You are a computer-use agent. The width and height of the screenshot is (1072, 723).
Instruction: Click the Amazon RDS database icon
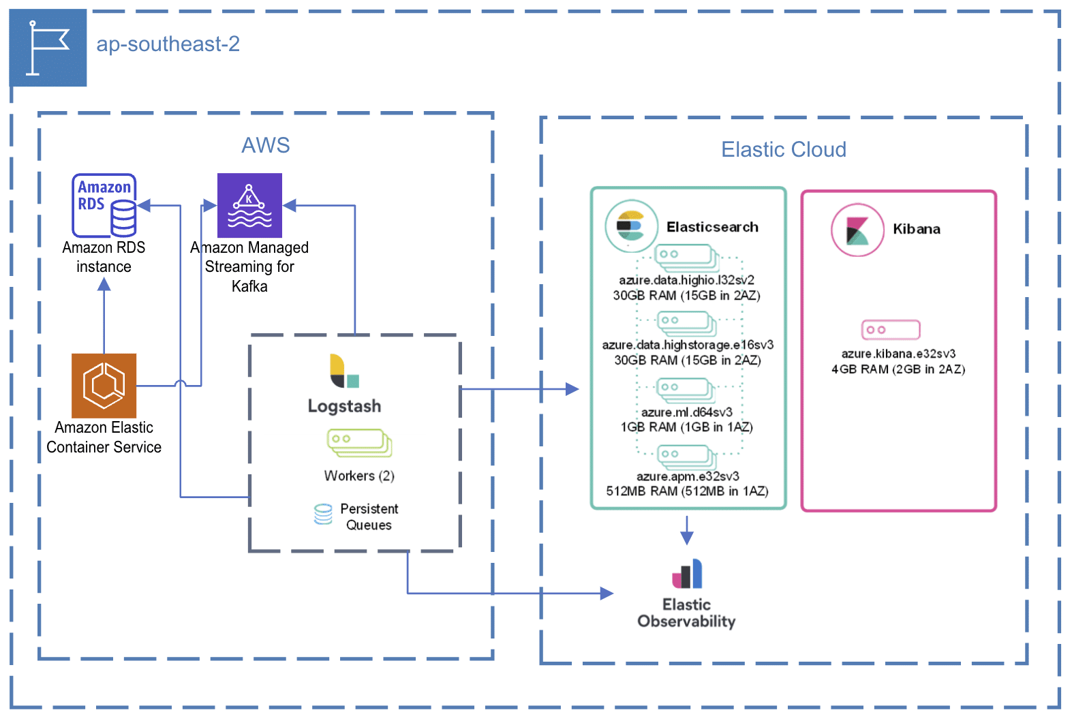coord(104,204)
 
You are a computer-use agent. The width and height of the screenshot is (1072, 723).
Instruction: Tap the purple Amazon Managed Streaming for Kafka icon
coord(249,205)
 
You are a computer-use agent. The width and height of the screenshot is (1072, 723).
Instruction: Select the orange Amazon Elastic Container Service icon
coord(104,386)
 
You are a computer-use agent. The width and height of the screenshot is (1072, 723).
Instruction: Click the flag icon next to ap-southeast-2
coord(48,48)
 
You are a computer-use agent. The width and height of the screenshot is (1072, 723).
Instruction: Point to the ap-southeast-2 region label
coord(168,44)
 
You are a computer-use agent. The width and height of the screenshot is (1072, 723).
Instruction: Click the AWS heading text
coord(266,145)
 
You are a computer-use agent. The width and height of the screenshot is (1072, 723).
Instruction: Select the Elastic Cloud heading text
coord(784,149)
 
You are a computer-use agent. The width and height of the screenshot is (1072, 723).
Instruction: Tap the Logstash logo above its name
coord(344,371)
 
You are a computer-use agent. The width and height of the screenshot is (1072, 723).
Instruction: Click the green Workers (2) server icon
coord(359,442)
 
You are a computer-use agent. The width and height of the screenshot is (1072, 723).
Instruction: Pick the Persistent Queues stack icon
coord(323,514)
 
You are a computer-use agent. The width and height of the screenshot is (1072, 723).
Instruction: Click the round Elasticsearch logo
coord(631,226)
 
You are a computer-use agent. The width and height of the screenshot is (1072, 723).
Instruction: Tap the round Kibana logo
coord(857,230)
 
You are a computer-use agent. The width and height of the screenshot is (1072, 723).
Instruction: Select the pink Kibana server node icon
coord(891,330)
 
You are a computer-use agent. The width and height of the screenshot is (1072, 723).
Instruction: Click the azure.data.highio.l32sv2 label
coord(686,280)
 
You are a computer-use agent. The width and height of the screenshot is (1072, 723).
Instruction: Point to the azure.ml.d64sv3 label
coord(686,412)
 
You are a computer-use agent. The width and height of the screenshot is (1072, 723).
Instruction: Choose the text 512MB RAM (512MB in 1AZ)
coord(687,491)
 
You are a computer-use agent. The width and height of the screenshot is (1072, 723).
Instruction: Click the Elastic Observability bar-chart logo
coord(687,574)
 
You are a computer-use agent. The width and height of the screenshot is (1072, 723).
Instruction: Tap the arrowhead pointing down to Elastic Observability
coord(687,538)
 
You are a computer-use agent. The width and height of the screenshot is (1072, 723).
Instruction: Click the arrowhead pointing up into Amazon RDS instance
coord(104,285)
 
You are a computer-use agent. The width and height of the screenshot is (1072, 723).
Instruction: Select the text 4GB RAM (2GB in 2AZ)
coord(898,369)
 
